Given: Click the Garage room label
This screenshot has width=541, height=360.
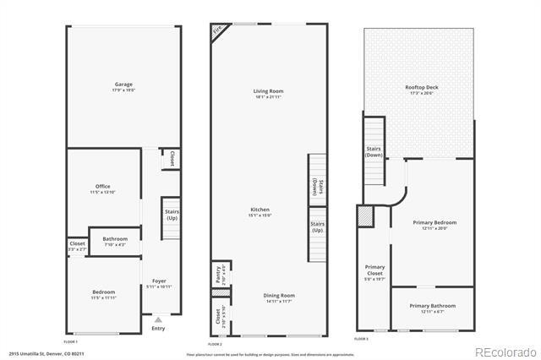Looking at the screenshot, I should coord(125,85).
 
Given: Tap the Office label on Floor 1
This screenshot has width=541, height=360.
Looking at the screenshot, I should coord(103,187).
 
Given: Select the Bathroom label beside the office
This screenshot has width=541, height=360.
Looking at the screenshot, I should coord(115,239).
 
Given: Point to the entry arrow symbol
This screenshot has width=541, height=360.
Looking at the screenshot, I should coord(158,320).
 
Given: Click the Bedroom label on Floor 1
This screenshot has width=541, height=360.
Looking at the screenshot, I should coord(103,292).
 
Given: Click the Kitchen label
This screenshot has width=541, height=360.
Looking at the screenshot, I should coord(260,210).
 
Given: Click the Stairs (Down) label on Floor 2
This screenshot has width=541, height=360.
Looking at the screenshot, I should coord(316,188).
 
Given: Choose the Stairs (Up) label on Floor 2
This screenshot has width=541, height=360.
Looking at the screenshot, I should coord(318,227).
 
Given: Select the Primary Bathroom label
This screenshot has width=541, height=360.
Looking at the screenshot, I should coord(432,305).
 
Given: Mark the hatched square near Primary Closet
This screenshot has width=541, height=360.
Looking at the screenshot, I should coord(365,217).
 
